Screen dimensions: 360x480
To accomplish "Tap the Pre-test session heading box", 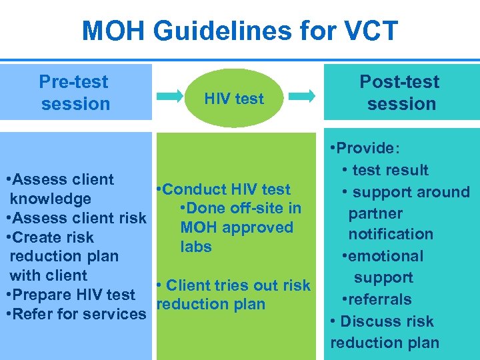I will pyautogui.click(x=75, y=93).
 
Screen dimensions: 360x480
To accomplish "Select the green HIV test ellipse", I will pyautogui.click(x=233, y=99).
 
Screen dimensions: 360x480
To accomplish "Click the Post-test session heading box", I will pyautogui.click(x=401, y=93).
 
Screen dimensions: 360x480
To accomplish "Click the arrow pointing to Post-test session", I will pyautogui.click(x=303, y=97).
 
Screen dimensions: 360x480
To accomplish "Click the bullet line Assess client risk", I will pyautogui.click(x=75, y=218).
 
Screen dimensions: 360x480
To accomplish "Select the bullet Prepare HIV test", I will pyautogui.click(x=71, y=295).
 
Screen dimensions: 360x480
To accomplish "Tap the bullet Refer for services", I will pyautogui.click(x=75, y=314).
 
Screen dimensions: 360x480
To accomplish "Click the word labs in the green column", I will pyautogui.click(x=196, y=247).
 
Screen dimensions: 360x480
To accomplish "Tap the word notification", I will pyautogui.click(x=391, y=234).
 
